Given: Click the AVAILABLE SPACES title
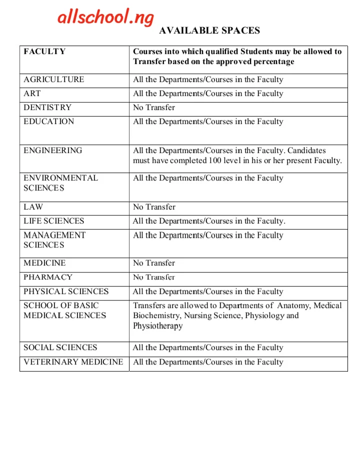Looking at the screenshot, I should point(209,30).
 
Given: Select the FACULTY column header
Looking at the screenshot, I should point(44,51).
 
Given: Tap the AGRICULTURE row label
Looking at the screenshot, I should point(54,79).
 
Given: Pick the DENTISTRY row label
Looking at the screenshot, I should point(47,107).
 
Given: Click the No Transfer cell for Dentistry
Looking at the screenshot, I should point(154,107).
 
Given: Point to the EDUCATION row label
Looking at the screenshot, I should point(48,121).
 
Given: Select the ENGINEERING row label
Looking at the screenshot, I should point(53,150).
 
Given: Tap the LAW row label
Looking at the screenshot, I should point(33,207).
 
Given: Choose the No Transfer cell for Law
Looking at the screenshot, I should point(154,207).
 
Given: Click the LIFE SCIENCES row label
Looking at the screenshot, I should point(54,221).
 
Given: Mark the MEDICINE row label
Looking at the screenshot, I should point(44,263).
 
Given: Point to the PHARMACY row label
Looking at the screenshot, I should point(48,277).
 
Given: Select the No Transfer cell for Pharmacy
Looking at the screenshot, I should point(154,277).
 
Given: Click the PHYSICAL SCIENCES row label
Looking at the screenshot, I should point(66,291).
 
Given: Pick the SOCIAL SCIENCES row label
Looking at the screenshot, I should point(60,347).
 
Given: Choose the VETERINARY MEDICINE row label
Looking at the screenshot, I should point(73,362).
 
